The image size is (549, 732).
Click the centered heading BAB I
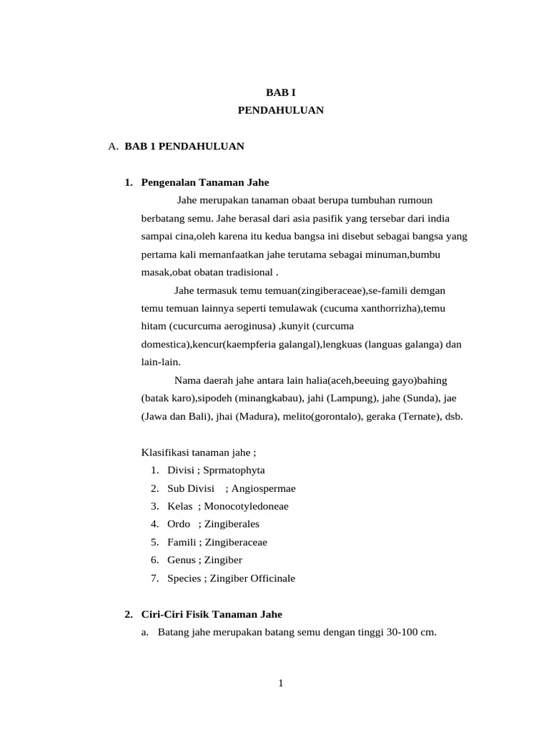click(x=281, y=93)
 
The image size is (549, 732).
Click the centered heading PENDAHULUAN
click(x=281, y=110)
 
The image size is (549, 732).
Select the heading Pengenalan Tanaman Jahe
click(x=205, y=182)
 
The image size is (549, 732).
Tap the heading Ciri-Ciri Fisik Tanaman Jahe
click(x=212, y=614)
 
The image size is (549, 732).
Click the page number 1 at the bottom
click(x=281, y=683)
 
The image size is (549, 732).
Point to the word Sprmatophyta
click(x=234, y=470)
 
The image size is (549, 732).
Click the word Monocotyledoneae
click(x=247, y=506)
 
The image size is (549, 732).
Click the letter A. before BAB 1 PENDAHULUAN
click(x=112, y=147)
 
